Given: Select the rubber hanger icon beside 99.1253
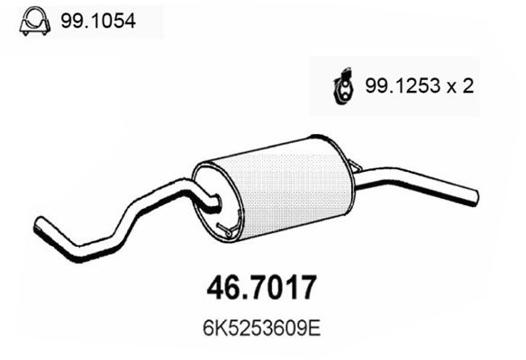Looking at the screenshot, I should pyautogui.click(x=343, y=87).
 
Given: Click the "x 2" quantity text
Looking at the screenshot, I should pyautogui.click(x=460, y=87).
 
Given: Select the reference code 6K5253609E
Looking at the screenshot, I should pyautogui.click(x=255, y=323).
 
